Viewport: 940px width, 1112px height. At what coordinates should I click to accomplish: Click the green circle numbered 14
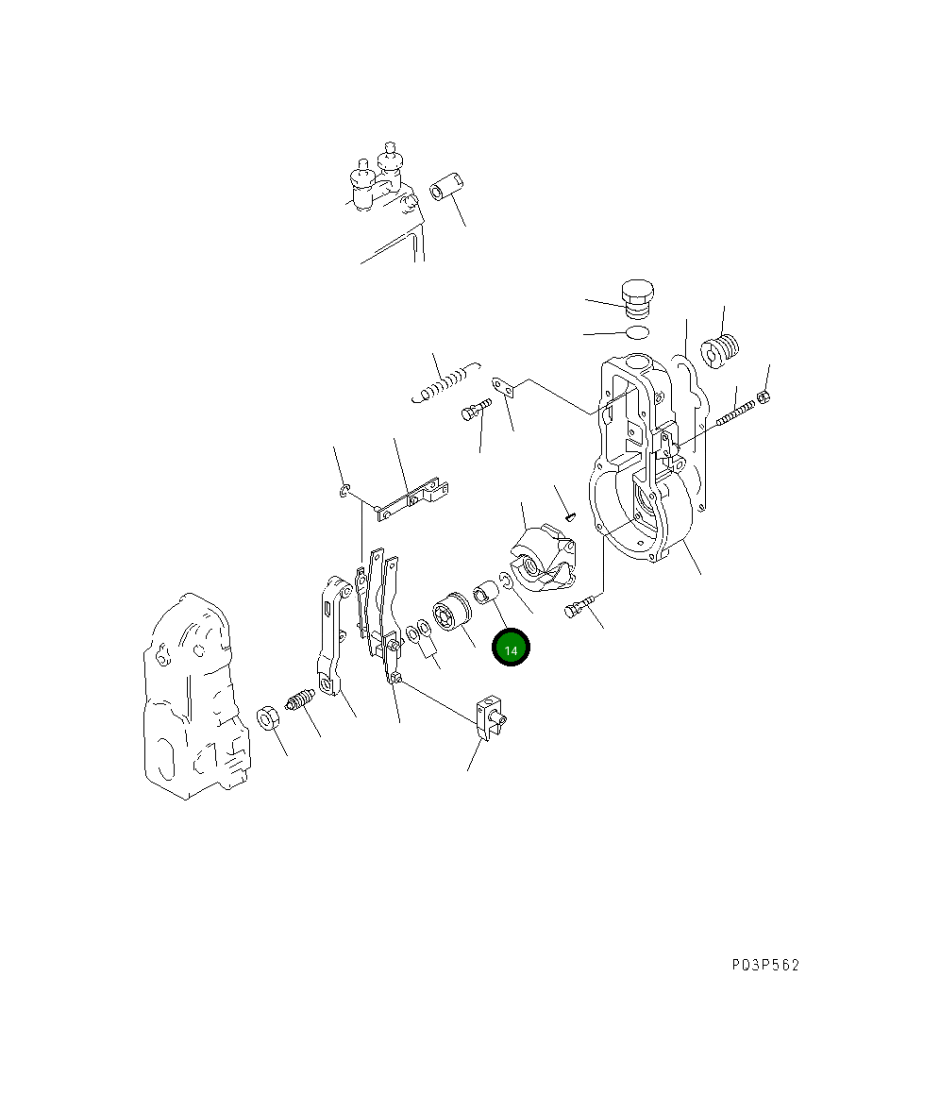click(511, 649)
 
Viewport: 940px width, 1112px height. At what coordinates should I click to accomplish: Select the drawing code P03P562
click(764, 965)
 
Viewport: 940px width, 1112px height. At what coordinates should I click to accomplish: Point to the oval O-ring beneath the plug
click(638, 332)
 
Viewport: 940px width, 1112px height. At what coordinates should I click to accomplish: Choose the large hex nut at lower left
click(267, 718)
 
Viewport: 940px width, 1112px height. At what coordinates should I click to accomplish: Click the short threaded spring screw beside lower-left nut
click(299, 705)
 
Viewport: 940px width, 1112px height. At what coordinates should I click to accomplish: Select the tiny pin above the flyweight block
click(569, 515)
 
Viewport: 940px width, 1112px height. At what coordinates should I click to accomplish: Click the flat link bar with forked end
click(411, 498)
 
